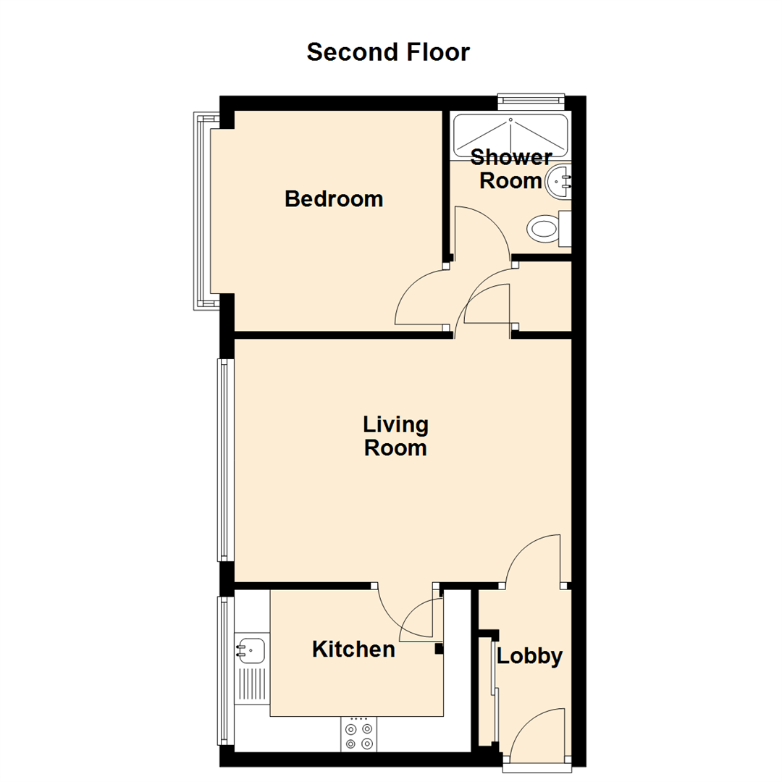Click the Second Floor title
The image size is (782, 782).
coord(388,52)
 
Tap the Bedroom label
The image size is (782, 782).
coord(334,198)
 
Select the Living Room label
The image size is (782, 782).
coord(395,436)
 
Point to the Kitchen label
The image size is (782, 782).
coord(353,649)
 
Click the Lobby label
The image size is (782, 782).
coord(529,656)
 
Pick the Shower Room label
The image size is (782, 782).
coord(510,169)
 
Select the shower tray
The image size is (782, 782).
coord(510,135)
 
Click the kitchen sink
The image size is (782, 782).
coord(251,650)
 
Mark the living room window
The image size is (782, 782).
coord(224,460)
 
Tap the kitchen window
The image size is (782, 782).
coord(224,670)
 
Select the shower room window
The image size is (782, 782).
coord(531,102)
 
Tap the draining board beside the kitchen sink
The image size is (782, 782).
coord(251,685)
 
